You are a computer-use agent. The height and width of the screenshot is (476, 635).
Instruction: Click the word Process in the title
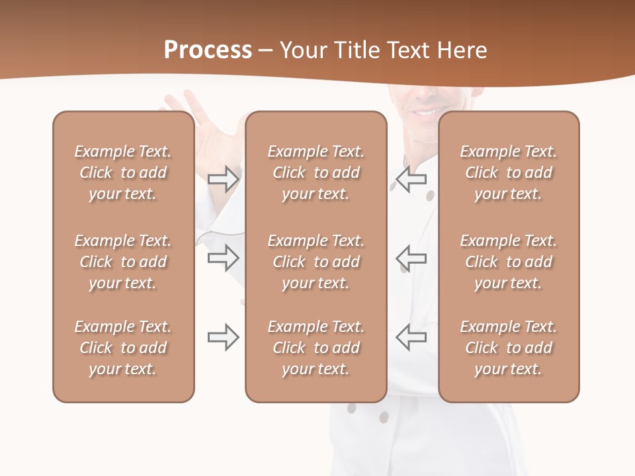click(208, 50)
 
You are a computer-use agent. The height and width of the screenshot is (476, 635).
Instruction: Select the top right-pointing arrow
click(224, 179)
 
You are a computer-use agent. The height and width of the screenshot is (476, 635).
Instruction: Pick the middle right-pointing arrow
click(224, 258)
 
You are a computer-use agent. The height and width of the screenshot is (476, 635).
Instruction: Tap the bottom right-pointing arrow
click(224, 337)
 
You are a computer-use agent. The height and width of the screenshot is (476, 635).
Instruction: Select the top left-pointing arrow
click(411, 179)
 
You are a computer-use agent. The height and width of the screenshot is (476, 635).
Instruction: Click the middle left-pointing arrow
click(411, 258)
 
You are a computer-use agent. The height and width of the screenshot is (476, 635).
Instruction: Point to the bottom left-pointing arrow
click(411, 337)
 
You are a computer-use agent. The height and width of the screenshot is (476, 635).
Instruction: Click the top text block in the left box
click(123, 173)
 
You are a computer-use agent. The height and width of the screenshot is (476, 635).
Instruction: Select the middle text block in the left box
click(123, 262)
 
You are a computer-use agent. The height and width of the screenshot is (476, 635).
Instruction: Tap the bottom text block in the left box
click(123, 348)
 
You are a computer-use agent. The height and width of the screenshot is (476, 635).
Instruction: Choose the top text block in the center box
click(316, 173)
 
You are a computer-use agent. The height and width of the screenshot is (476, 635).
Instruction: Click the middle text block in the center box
click(316, 262)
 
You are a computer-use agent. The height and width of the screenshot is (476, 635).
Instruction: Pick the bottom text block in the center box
click(316, 348)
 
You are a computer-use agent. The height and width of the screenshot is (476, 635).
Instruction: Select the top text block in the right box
click(509, 173)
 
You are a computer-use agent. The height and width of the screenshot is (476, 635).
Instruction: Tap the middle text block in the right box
click(509, 262)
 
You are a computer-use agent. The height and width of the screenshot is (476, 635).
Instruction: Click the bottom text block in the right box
click(509, 348)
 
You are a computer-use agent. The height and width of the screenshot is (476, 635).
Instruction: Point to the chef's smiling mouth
click(423, 110)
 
